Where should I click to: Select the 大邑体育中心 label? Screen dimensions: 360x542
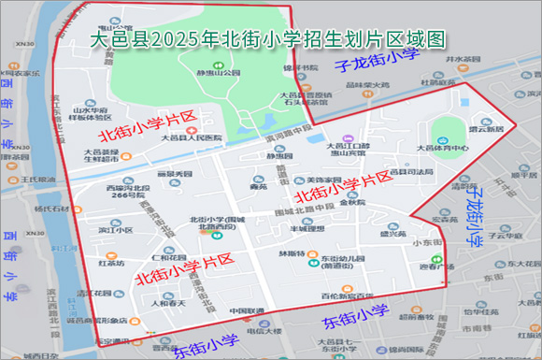443,147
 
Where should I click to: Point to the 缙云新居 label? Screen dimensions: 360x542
486,129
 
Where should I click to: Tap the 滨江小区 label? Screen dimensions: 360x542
115,227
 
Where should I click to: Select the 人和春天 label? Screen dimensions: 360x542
169,302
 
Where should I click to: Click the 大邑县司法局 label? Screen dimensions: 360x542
411,172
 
